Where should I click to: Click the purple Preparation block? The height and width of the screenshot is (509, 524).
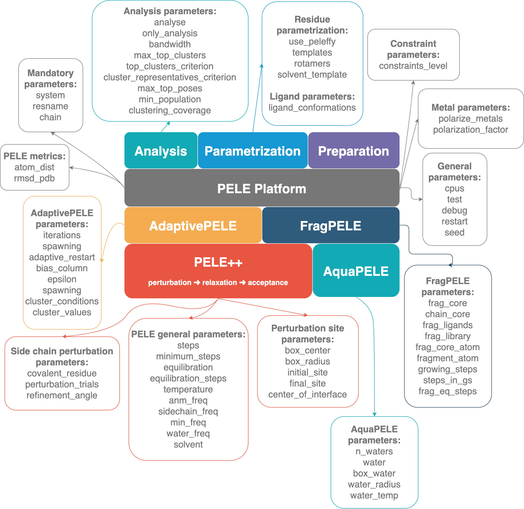click(354, 151)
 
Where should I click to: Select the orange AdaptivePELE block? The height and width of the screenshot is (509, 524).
click(193, 226)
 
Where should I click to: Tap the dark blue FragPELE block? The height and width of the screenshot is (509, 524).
click(331, 226)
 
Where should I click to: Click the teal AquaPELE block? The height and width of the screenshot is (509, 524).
click(356, 271)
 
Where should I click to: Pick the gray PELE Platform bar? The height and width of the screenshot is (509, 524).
click(262, 188)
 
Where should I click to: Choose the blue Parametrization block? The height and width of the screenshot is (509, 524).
click(253, 151)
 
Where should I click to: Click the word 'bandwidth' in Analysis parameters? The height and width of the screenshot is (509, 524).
click(170, 44)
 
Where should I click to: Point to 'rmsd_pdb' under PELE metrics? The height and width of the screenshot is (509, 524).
click(34, 178)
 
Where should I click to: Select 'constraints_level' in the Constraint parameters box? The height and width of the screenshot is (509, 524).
click(413, 66)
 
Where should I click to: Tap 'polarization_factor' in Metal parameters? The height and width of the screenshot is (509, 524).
click(470, 130)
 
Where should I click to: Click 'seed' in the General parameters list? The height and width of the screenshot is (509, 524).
click(454, 232)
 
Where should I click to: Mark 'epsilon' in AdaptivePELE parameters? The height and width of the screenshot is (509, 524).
click(62, 279)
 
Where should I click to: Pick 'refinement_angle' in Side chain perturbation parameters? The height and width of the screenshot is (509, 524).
click(62, 395)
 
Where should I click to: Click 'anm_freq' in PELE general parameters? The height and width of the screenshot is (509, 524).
click(188, 400)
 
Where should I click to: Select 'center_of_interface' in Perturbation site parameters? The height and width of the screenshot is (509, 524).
click(308, 394)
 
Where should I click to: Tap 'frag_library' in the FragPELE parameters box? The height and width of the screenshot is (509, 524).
click(448, 336)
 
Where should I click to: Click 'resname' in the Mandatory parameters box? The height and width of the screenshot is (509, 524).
click(51, 106)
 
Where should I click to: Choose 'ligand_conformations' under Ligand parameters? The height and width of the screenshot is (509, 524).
click(312, 107)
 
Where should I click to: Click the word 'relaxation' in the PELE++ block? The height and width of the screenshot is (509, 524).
click(220, 282)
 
